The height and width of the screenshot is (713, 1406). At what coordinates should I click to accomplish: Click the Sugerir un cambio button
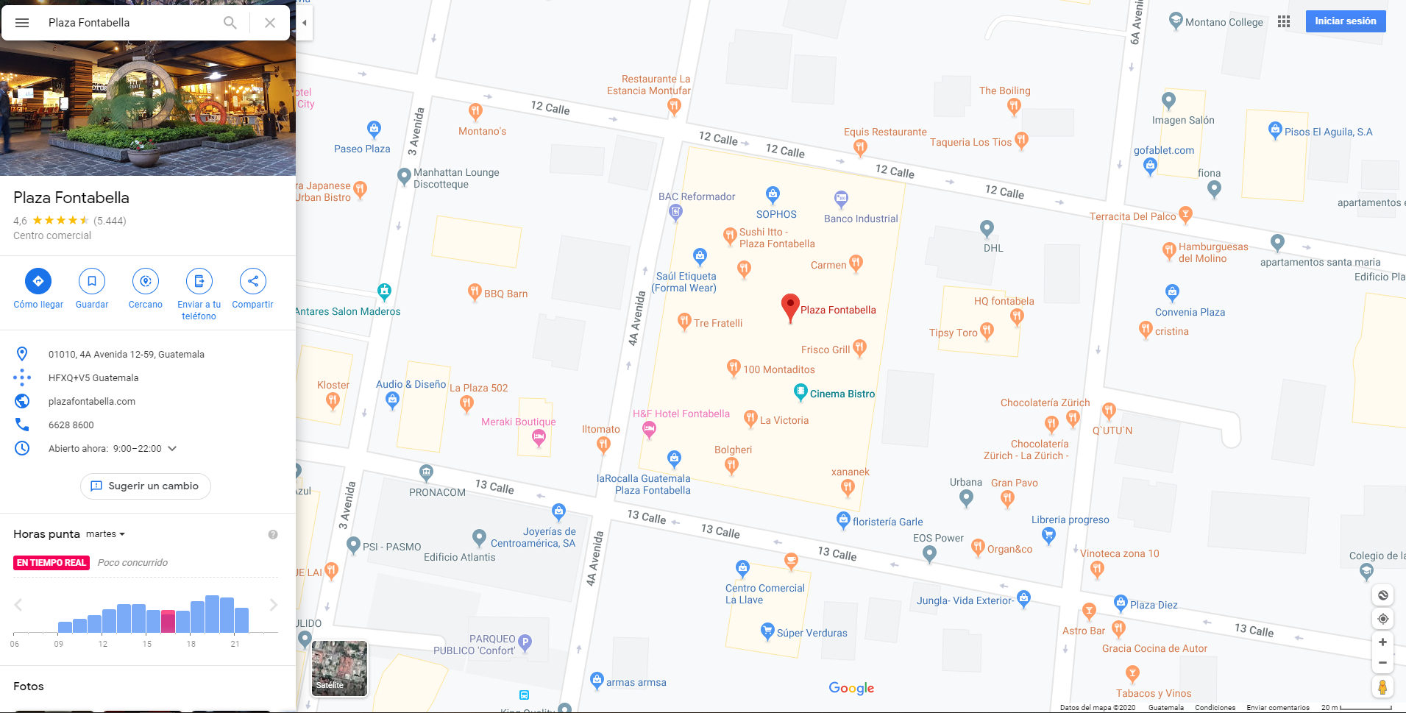coord(145,486)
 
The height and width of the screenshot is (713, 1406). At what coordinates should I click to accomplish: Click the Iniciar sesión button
coord(1345,21)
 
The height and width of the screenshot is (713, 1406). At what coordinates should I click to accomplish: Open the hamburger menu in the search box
coord(22,23)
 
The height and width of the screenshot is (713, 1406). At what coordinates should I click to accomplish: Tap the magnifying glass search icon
coord(230,23)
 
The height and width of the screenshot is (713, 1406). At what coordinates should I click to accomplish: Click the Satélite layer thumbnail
coord(339,668)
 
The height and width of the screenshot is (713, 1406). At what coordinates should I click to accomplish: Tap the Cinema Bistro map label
coord(842,394)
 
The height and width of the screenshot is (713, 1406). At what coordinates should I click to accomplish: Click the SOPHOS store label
coord(776,214)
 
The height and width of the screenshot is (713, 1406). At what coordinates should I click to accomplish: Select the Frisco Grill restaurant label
coord(826,350)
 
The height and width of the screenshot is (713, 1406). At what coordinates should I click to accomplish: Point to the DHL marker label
coord(993,248)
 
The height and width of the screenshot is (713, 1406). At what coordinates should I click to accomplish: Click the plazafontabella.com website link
coord(92,401)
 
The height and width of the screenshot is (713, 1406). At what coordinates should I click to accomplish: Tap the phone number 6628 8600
coord(71,425)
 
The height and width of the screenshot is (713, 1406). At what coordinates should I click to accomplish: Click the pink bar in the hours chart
coord(168,622)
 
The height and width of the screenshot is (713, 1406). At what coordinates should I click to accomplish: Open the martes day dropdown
coord(105,534)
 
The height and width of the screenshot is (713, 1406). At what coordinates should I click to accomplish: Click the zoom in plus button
coord(1382,642)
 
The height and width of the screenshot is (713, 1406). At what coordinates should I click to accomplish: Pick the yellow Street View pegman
coord(1382,687)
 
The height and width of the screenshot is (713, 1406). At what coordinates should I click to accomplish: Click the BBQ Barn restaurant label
coord(505,294)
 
